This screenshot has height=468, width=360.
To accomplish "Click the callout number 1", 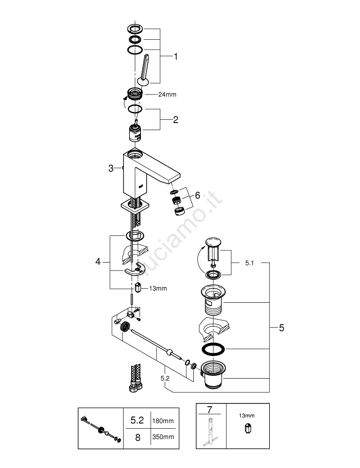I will tap(176, 57).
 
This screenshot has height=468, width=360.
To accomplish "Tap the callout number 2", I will tap(176, 120).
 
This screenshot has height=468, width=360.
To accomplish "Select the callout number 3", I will tap(111, 168).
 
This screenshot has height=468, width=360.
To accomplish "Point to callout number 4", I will tap(98, 262).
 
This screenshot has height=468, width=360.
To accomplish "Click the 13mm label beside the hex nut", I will tap(157, 288).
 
